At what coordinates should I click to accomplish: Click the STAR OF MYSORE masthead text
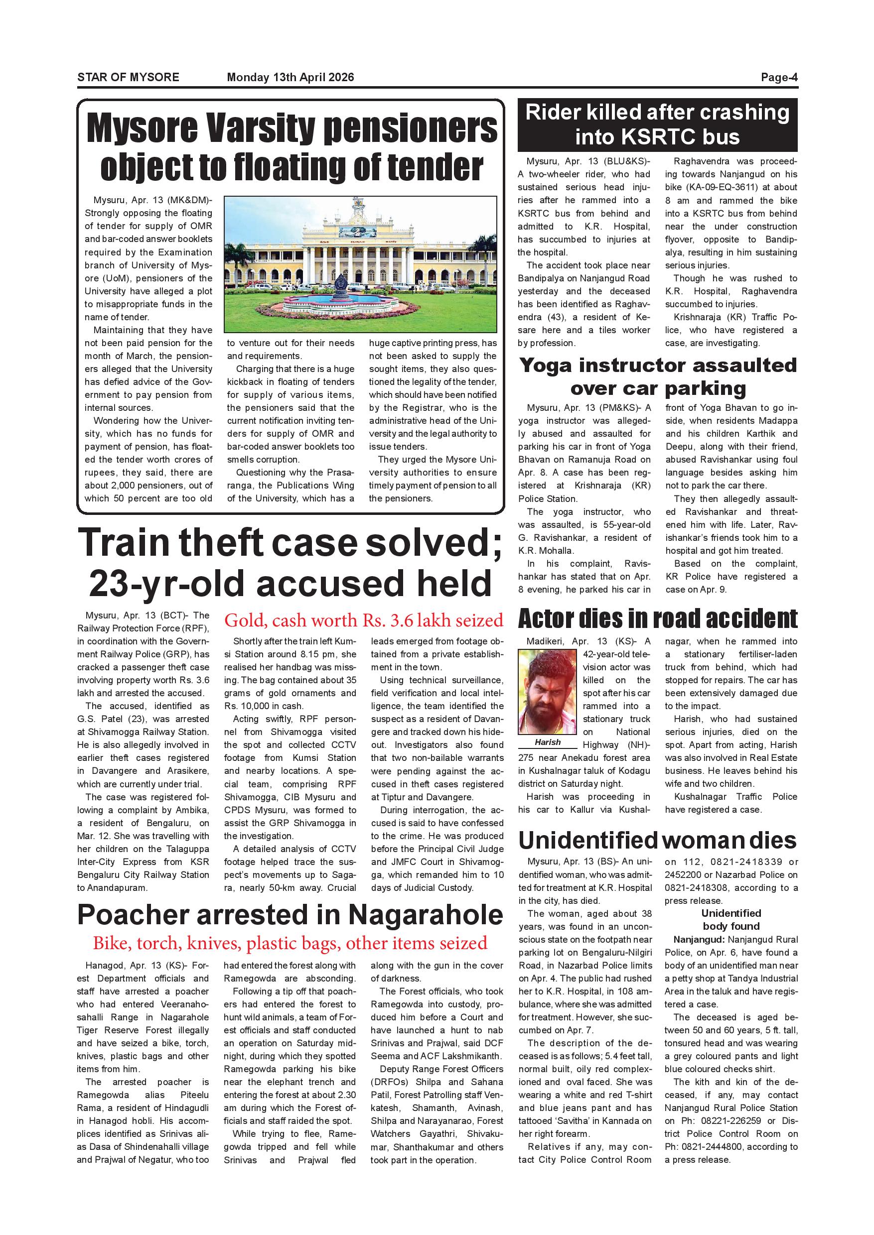(128, 77)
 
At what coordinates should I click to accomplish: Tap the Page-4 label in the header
(779, 77)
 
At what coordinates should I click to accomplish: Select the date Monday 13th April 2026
(291, 77)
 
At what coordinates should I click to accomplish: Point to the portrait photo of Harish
(547, 692)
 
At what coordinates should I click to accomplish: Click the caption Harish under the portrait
(547, 742)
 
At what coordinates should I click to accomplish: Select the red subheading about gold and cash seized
(363, 620)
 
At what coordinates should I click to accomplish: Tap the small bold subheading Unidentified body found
(730, 920)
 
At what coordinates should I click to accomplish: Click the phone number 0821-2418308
(698, 888)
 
